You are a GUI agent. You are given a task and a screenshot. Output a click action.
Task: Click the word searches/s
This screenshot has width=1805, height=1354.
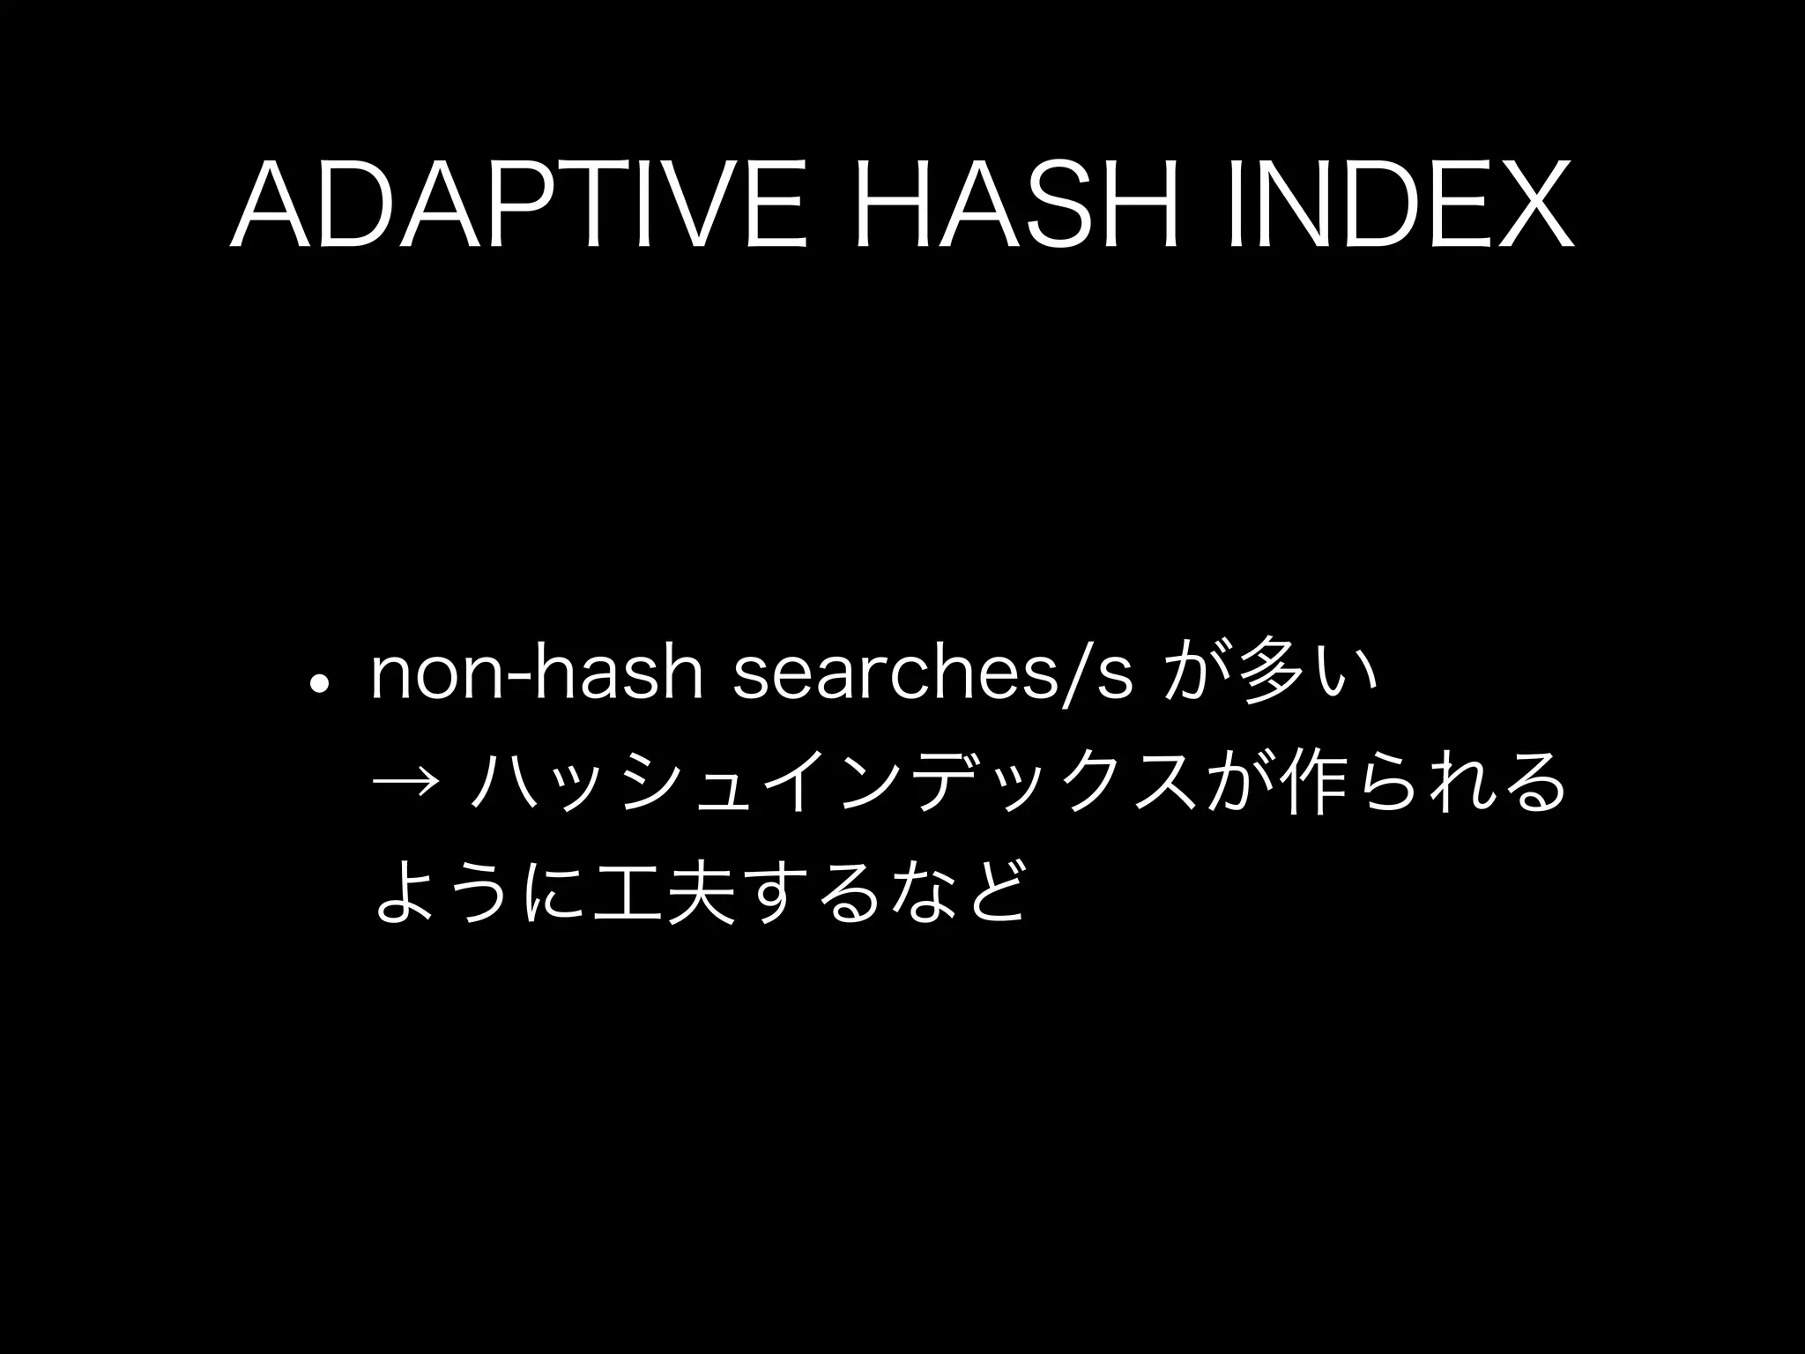tap(931, 676)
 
